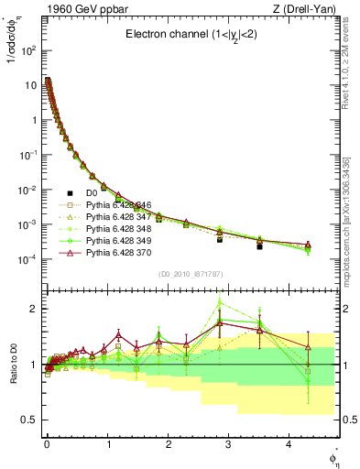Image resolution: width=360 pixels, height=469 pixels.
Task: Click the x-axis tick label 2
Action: pos(168,442)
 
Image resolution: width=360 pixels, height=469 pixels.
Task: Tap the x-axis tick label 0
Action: pos(47,442)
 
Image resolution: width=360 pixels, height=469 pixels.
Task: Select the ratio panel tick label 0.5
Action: pos(27,419)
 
